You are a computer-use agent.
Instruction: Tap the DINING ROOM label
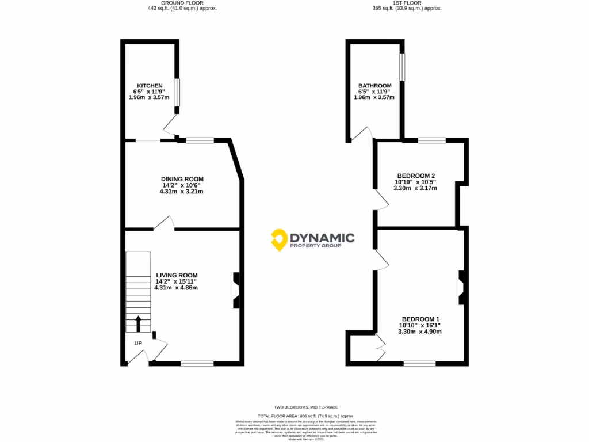182,179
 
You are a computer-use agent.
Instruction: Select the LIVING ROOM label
177,275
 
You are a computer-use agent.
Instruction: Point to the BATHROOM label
374,86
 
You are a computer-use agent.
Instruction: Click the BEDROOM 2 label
416,176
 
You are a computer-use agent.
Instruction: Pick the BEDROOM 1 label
420,319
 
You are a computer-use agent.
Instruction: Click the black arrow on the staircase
138,324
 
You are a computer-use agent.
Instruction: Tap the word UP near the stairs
138,344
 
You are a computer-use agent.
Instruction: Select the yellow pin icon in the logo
279,239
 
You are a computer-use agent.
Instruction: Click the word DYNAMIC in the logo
322,237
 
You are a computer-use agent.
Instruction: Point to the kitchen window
177,93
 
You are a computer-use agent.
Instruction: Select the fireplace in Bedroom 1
461,287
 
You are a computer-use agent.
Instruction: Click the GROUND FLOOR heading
182,3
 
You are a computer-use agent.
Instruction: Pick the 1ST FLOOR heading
407,3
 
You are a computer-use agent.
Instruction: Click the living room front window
197,363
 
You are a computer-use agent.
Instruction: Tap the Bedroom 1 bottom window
419,363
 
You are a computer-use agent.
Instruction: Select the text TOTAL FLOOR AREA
275,416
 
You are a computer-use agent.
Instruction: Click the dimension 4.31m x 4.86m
176,287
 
